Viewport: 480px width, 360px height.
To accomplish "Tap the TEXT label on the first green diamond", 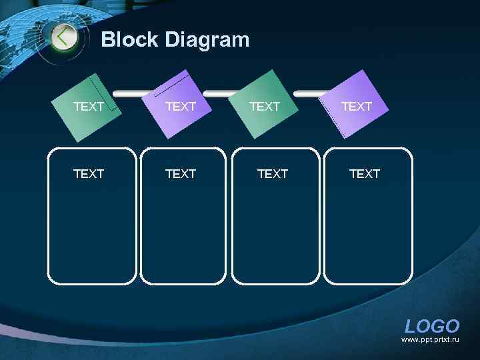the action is click(x=88, y=107).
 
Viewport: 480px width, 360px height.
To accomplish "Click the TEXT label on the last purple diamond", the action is click(x=356, y=107).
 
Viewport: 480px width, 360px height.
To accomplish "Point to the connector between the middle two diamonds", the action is click(x=225, y=93).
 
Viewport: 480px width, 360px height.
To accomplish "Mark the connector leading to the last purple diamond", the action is click(x=310, y=93).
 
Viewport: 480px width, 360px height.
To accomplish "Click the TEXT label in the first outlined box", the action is click(x=88, y=174).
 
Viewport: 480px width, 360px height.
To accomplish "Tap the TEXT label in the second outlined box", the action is click(x=180, y=174).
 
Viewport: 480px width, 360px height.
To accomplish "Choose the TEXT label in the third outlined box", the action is click(x=272, y=174).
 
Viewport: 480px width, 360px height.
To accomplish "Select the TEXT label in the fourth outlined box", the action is click(x=364, y=174).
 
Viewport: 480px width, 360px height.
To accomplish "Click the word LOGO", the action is click(x=432, y=326).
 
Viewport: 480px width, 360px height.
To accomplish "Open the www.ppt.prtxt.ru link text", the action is click(x=430, y=340).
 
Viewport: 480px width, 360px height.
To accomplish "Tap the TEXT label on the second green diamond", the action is click(x=264, y=107).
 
